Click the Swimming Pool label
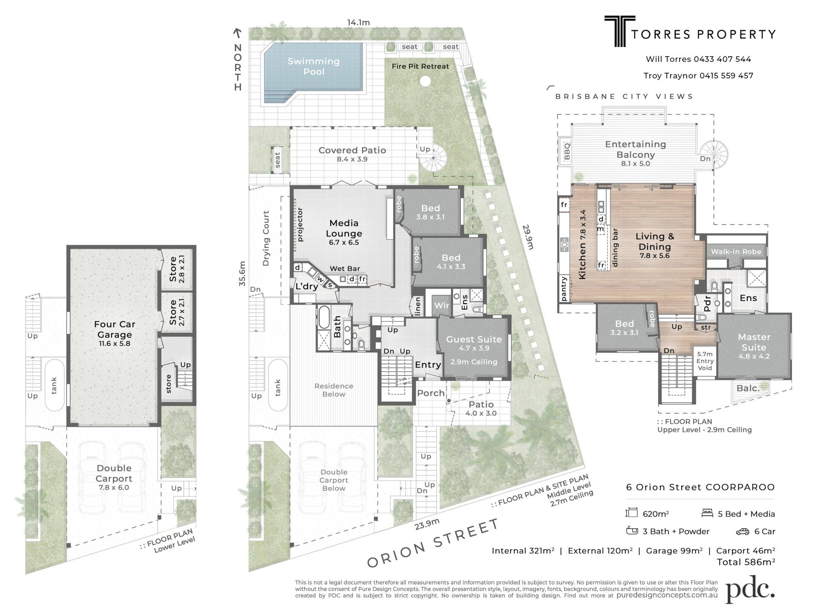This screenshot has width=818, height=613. pos(314,66)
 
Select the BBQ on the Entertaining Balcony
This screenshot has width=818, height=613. pos(567,152)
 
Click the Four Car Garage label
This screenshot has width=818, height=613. pos(114,329)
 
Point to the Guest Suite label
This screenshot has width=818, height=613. pos(474,340)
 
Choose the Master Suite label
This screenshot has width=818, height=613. pos(754,342)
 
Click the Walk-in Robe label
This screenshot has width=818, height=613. pos(736,252)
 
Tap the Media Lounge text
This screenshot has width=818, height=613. pos(344,228)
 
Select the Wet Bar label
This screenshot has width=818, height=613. pos(345,269)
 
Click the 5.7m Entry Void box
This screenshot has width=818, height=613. pos(705,361)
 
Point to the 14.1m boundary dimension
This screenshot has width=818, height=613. pos(358,22)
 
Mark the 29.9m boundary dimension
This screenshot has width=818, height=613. pos(527,237)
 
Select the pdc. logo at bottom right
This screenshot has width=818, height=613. pos(750,590)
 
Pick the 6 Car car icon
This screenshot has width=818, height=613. pos(742,532)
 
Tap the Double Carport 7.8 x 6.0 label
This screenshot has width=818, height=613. pos(114,477)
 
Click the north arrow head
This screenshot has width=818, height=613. pos(237,32)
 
